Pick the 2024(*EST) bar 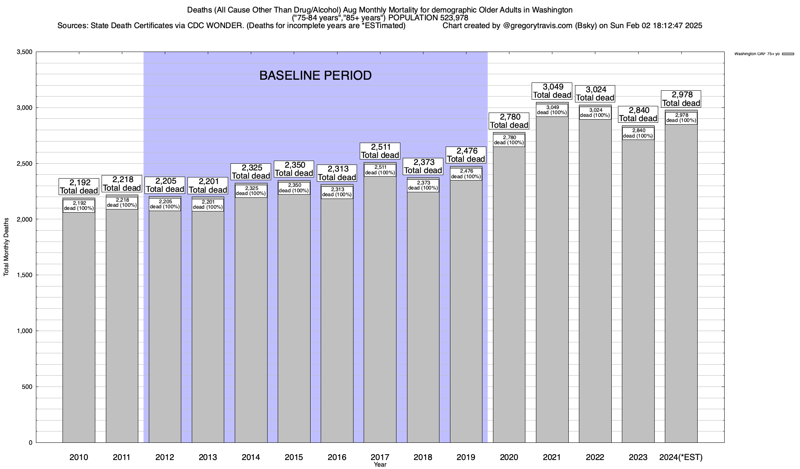point(681,281)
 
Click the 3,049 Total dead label point(552,91)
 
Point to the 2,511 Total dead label point(380,151)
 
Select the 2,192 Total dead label point(79,186)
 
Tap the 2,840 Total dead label point(638,114)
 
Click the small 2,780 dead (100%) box point(509,140)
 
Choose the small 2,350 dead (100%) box point(294,188)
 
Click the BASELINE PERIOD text point(315,75)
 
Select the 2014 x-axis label point(251,457)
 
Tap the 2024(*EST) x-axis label point(680,457)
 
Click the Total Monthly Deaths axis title point(6,247)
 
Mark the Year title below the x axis point(380,465)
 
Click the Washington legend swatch point(788,54)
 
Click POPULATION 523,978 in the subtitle point(428,18)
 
